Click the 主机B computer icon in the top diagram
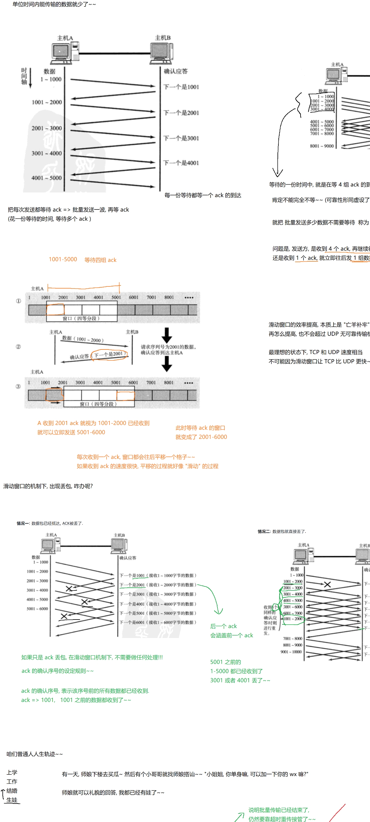(162, 51)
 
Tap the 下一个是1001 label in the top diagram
(181, 87)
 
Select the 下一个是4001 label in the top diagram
(181, 163)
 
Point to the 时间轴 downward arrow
(31, 78)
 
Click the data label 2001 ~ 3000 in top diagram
(47, 128)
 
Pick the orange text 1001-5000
(63, 259)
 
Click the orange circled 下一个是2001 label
(109, 354)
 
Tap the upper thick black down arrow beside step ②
(166, 335)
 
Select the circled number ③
(18, 386)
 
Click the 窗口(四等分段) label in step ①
(81, 318)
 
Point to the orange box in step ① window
(55, 309)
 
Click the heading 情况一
(23, 523)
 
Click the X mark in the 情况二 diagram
(327, 585)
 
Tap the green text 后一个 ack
(224, 626)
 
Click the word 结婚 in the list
(12, 791)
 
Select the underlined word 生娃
(12, 800)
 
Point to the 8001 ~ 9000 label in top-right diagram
(321, 146)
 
